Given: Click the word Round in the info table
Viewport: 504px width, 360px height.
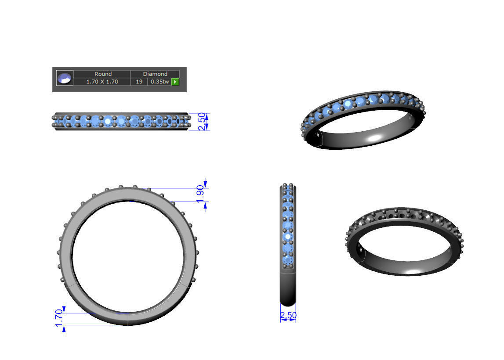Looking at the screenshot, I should [x=103, y=74].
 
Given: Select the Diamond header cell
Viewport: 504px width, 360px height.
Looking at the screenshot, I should [x=155, y=74].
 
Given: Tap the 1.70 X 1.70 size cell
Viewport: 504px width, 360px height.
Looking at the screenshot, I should [x=102, y=82].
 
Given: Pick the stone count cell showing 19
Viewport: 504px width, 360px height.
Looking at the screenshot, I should [x=139, y=82].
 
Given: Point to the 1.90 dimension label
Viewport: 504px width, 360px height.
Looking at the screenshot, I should [x=200, y=194].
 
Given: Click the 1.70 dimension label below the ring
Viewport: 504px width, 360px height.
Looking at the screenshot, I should [x=58, y=318].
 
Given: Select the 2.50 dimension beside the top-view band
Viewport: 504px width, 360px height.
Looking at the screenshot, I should [x=202, y=121].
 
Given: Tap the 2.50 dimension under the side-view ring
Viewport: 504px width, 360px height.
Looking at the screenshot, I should [x=288, y=315].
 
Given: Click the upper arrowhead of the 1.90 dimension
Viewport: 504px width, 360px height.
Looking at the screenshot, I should [x=205, y=184].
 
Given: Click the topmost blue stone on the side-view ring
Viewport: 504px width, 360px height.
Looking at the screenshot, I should [x=288, y=189].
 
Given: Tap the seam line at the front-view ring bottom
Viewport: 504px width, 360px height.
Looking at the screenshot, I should [x=128, y=319].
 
